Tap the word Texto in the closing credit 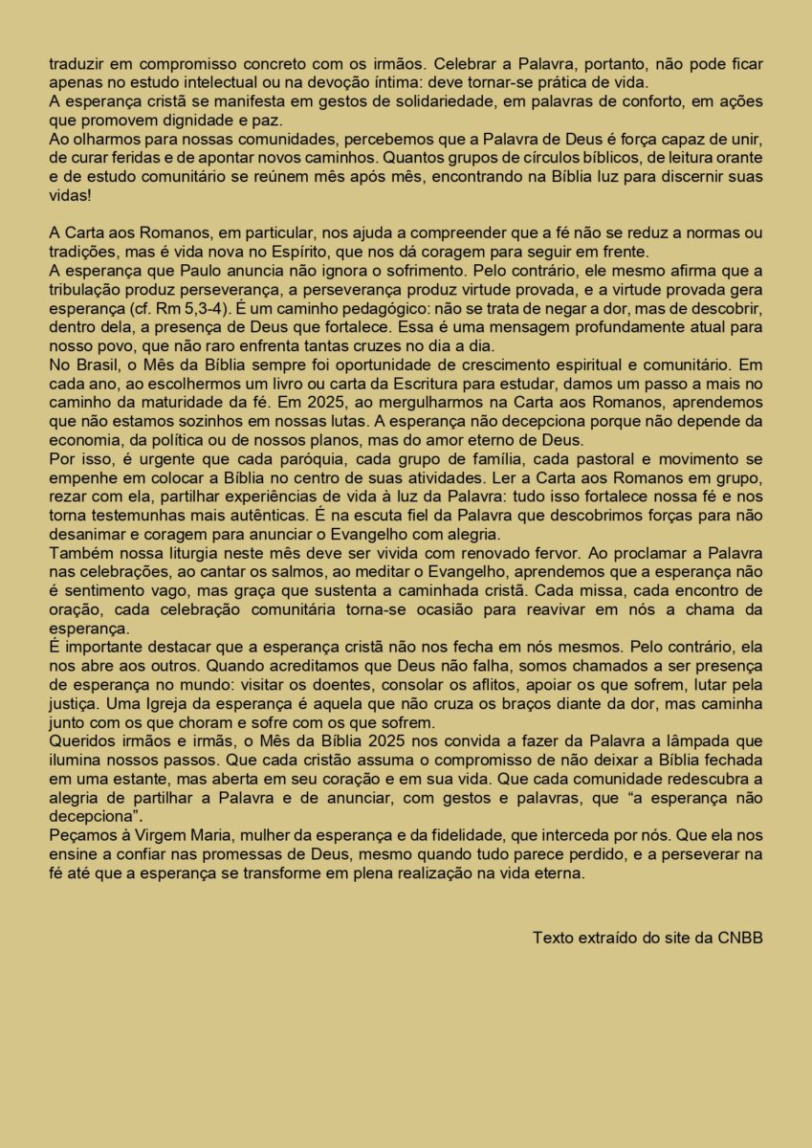point(554,937)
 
